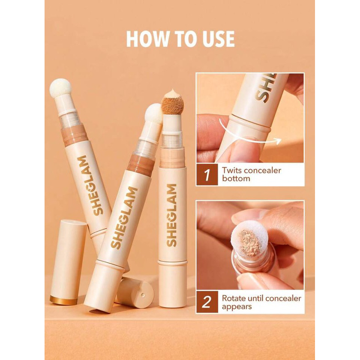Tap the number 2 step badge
(207, 302)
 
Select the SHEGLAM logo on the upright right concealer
(171, 215)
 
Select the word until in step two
(261, 298)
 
